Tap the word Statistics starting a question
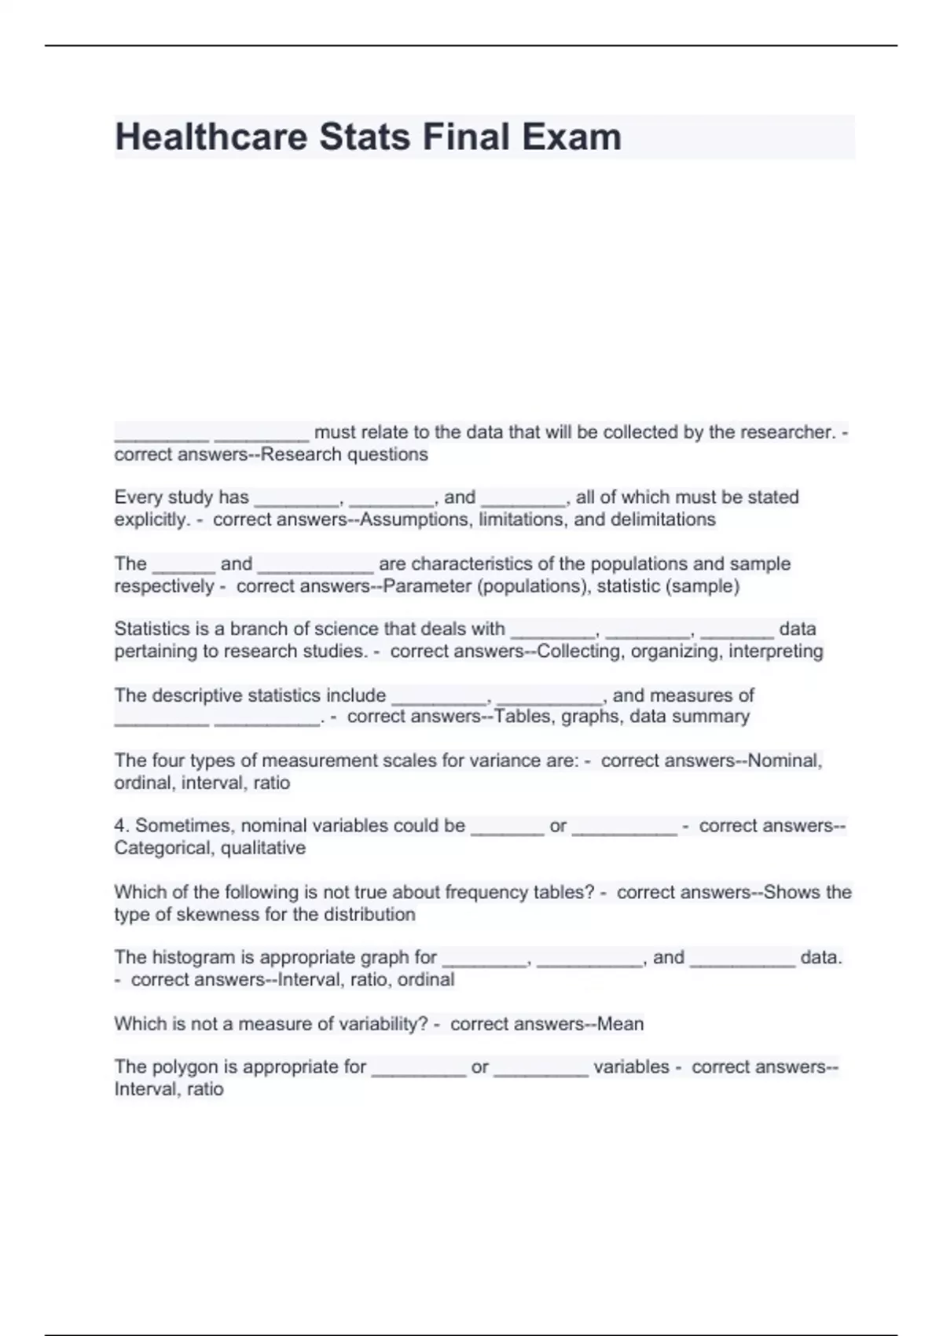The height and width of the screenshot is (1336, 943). [152, 629]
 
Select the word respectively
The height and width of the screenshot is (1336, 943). [163, 586]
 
